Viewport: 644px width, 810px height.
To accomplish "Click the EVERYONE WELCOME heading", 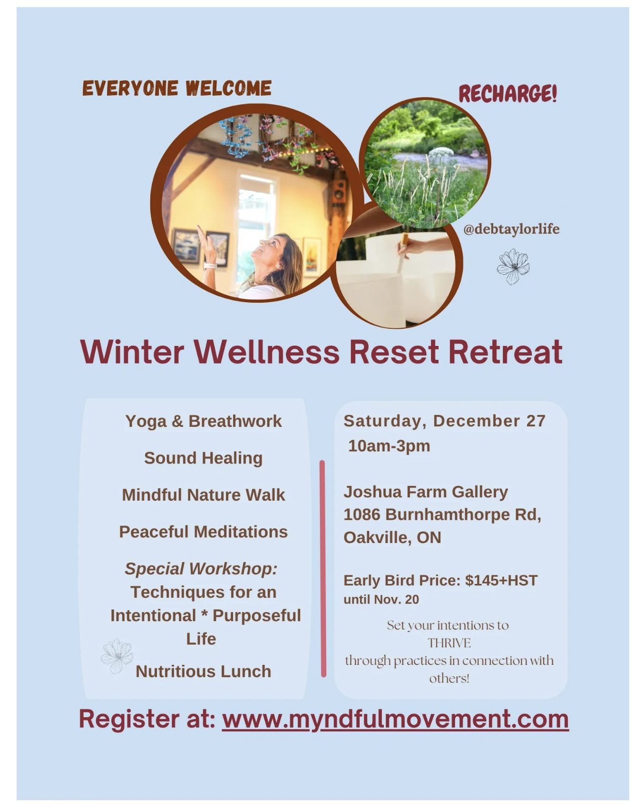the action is (x=177, y=89).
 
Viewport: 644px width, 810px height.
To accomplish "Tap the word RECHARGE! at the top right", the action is (x=507, y=93).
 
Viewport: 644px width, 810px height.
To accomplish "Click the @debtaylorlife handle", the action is (x=511, y=229).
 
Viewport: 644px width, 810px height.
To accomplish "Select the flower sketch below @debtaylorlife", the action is (x=513, y=267).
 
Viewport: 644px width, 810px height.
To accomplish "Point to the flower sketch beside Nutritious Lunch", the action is (x=117, y=656).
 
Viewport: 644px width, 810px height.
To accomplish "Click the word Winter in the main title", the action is (x=132, y=352).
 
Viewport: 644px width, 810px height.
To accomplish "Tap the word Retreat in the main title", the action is (x=506, y=352).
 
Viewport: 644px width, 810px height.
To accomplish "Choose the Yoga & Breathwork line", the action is (x=204, y=421).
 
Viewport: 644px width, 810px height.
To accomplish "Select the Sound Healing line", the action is (x=204, y=458).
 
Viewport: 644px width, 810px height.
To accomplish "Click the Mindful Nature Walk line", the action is (x=204, y=495).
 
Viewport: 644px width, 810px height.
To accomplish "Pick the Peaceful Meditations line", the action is (x=204, y=532).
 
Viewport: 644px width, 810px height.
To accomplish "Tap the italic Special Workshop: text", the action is (x=201, y=569).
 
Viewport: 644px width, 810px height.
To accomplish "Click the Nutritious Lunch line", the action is (x=204, y=672).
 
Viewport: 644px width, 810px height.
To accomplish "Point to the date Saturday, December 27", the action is (x=445, y=421).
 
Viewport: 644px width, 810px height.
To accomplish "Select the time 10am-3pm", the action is (x=389, y=446).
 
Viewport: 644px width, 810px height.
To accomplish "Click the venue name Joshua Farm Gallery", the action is (x=426, y=492).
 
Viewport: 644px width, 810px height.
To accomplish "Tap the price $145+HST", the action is (x=501, y=581).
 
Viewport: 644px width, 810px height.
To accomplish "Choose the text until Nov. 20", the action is (x=381, y=600).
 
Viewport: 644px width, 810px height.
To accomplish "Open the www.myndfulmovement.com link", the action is (x=395, y=719).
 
